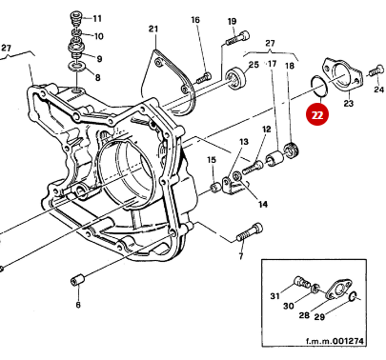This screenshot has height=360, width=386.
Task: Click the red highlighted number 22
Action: point(315,113)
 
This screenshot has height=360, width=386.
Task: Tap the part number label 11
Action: point(96,19)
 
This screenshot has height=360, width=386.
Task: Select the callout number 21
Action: point(152,30)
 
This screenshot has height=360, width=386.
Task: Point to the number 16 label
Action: point(194,20)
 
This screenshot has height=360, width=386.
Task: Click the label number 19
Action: point(232,21)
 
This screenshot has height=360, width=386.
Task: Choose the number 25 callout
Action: point(253,65)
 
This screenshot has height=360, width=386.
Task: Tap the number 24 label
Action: point(378,90)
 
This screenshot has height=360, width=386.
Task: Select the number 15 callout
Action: point(212,161)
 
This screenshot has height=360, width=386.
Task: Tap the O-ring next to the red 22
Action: point(321,90)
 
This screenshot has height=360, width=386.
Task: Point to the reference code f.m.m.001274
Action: point(338,342)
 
